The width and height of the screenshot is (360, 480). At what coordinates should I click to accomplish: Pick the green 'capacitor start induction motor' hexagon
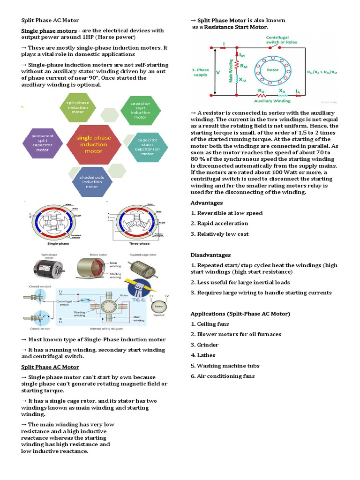coord(140,109)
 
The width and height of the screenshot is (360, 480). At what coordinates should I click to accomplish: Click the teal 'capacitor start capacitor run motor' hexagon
coord(147,146)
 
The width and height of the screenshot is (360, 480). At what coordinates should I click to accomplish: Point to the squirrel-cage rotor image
coord(141,270)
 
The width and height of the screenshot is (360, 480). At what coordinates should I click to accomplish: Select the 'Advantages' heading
coord(207,203)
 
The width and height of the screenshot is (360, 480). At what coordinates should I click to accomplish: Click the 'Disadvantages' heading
coord(210,255)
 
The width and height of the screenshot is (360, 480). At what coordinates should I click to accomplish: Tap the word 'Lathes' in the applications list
coord(206,355)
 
